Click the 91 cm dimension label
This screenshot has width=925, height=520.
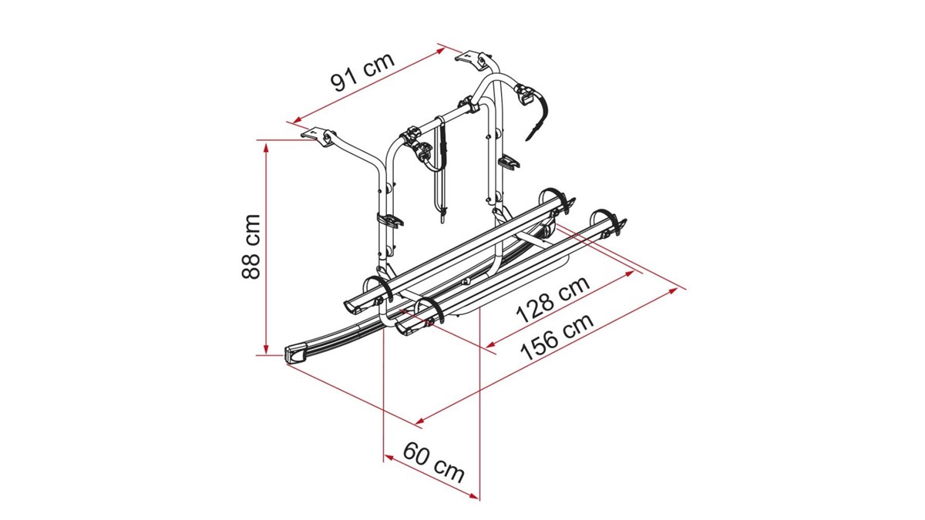[362, 72]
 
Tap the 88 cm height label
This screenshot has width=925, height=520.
[251, 247]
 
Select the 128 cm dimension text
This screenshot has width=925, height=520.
[553, 299]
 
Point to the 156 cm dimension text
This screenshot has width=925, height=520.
[557, 337]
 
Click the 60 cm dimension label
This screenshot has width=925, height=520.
[433, 461]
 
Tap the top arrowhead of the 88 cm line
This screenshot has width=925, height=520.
[267, 147]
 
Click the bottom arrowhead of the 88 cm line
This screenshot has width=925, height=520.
[267, 348]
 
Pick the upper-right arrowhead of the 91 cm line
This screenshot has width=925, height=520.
[440, 50]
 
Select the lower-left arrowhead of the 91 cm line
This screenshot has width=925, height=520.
[297, 120]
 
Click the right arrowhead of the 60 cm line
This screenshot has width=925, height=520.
[473, 496]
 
